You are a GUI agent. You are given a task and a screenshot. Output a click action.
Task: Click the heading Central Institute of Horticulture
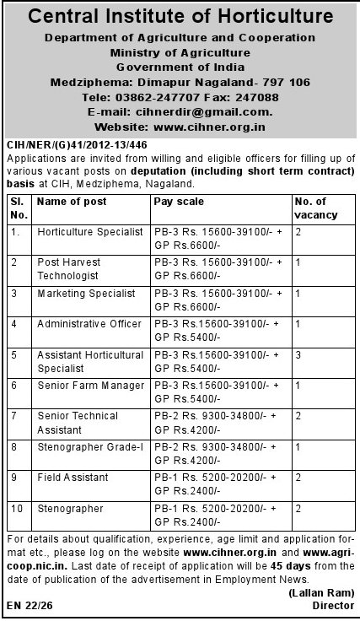click(x=179, y=17)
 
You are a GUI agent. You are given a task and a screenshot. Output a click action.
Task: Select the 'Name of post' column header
click(x=72, y=202)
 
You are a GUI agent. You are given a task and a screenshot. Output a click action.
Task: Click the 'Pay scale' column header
click(x=179, y=202)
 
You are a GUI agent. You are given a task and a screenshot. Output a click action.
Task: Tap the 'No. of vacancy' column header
click(x=316, y=208)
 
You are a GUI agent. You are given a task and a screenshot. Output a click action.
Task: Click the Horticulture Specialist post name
click(x=90, y=231)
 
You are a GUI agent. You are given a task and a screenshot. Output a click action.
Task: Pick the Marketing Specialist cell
click(x=86, y=293)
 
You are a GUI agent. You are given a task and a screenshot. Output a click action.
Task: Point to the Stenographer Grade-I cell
click(x=89, y=446)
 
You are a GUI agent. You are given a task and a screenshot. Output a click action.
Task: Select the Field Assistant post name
click(x=73, y=478)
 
